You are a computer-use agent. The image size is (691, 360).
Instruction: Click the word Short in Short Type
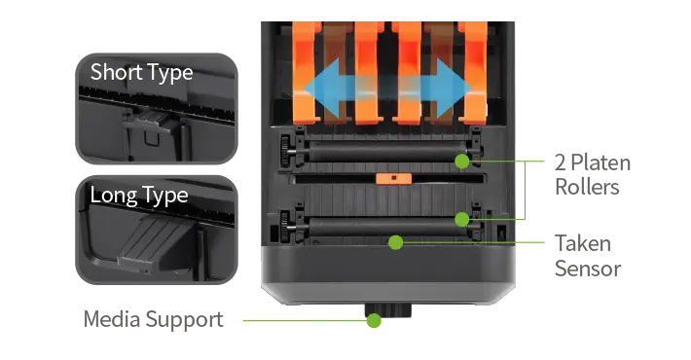[117, 71]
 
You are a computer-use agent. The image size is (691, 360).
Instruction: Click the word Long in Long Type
[113, 195]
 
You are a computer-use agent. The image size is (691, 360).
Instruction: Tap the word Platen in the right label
[600, 163]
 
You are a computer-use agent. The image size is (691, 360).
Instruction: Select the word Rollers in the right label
[587, 187]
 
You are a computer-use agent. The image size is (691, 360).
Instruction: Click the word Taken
[583, 243]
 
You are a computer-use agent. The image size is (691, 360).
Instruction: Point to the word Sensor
[588, 269]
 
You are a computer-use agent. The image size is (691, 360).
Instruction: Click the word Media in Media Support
[112, 318]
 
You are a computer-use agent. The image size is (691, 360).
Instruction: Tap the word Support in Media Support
[184, 320]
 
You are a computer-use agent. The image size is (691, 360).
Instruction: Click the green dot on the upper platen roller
[462, 162]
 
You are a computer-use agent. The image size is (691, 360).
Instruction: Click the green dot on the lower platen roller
[462, 219]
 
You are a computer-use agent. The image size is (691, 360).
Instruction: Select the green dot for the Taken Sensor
[396, 242]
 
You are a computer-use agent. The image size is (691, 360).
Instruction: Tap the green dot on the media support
[374, 320]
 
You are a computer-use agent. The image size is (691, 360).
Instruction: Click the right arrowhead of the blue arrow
[454, 89]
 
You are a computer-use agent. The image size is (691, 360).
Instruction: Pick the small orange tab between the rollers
[393, 178]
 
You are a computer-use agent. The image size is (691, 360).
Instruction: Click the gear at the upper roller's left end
[285, 151]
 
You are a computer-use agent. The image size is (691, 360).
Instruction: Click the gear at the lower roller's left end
[285, 226]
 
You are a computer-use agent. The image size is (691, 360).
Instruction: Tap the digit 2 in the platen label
[561, 163]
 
